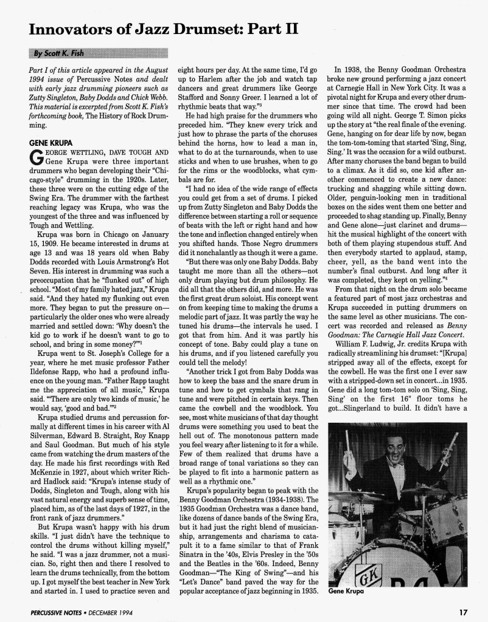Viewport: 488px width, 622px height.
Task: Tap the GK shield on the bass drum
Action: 352,567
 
